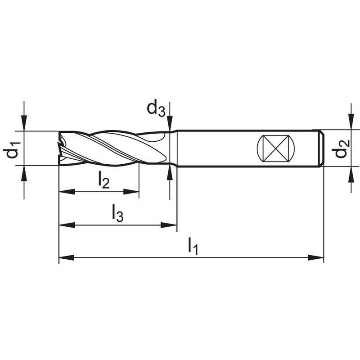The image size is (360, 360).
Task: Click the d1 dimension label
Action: (12, 150)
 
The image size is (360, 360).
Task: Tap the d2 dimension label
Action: (342, 148)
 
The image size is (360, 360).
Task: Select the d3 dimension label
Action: (156, 108)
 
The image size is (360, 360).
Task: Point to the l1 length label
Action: (193, 246)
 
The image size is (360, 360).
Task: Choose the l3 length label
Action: (117, 213)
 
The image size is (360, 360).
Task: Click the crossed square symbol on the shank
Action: (276, 148)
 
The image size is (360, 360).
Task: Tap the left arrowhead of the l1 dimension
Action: (67, 257)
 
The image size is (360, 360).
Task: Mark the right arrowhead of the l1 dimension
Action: (316, 257)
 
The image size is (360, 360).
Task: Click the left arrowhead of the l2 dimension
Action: (67, 192)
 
